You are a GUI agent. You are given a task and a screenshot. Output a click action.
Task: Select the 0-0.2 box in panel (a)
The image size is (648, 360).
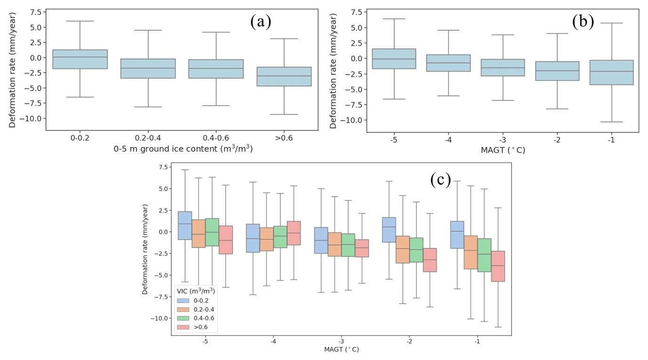(80, 59)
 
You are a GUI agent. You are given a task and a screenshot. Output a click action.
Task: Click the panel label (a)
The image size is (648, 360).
(261, 21)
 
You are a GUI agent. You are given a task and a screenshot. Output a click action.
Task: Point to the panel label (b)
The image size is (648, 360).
(583, 21)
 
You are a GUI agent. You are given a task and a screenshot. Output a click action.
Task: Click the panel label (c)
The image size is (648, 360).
(440, 179)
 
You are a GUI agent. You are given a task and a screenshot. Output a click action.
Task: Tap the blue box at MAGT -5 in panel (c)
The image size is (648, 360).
(185, 226)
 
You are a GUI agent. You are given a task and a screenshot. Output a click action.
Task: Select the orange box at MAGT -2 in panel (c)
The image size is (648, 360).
(402, 249)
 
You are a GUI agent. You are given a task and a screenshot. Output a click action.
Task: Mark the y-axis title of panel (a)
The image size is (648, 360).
(13, 69)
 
